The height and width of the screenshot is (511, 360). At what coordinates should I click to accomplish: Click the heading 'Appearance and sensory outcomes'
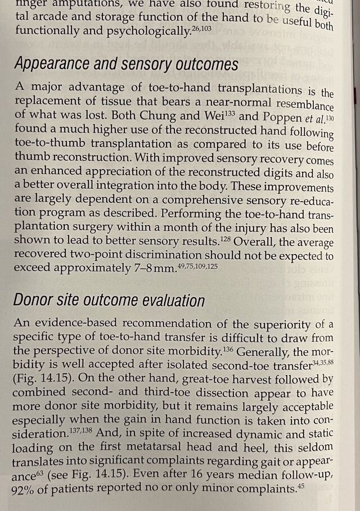pos(126,64)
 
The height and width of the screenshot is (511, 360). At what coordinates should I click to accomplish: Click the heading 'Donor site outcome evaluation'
pos(109,301)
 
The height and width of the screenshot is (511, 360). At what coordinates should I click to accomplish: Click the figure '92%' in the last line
pos(24,490)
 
